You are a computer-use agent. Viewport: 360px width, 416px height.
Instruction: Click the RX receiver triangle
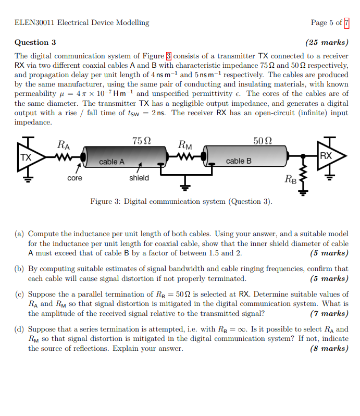coord(328,156)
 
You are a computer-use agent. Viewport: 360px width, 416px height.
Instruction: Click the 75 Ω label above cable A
coord(142,141)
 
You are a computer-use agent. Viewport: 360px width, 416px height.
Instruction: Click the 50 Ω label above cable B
coord(263,141)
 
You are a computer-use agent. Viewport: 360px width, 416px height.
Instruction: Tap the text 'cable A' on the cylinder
coord(111,162)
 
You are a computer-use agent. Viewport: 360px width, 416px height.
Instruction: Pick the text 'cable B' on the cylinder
coord(239,161)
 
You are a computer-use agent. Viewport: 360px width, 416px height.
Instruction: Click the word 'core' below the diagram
coord(75,178)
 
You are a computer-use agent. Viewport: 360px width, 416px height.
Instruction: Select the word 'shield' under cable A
coord(139,178)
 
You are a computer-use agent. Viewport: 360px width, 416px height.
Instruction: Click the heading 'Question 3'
coord(35,42)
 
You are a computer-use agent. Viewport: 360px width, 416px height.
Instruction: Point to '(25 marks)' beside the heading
coord(327,42)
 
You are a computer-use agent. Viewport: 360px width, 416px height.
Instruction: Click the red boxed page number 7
coord(346,22)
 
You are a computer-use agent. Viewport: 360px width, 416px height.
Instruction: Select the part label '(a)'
coord(20,235)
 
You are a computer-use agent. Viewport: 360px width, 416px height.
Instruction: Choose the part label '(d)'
coord(20,329)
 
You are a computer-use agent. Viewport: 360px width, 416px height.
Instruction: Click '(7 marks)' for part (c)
coord(328,313)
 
